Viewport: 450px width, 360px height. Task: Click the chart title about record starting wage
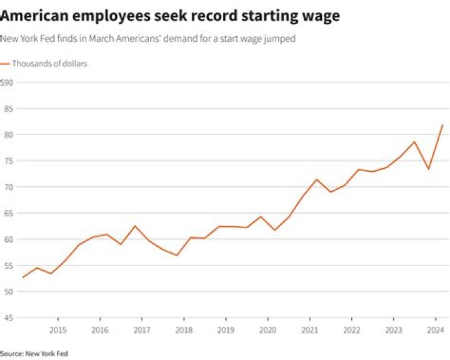pos(170,16)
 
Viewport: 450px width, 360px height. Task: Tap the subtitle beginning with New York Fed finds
pos(148,39)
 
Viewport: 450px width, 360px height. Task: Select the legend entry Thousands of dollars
pos(49,64)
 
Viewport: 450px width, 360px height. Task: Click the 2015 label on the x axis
pos(57,329)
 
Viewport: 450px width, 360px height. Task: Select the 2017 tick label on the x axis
pos(142,329)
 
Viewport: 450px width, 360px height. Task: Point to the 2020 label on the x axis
pos(267,329)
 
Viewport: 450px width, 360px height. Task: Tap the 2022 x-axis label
pos(351,329)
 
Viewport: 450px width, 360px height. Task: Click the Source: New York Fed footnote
pos(34,354)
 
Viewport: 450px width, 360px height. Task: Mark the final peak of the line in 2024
pos(442,125)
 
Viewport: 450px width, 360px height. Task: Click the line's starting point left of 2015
pos(22,277)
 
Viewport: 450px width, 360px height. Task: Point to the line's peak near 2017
pos(135,226)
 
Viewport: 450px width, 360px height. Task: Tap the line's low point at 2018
pos(177,255)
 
